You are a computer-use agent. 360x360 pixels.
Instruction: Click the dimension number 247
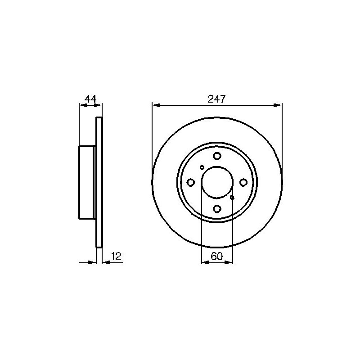(217, 99)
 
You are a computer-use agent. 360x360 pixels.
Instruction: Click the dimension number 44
(90, 99)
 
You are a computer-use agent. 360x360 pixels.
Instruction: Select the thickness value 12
(116, 256)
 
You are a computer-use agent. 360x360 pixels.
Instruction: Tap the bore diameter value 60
(217, 256)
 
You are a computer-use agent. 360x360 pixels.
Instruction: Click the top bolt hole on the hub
(217, 156)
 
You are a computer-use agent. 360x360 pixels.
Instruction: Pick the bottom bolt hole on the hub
(217, 209)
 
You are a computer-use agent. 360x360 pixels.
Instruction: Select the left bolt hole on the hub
(190, 183)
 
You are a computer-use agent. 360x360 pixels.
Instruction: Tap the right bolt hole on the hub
(243, 183)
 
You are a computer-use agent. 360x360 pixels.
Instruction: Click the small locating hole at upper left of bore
(202, 167)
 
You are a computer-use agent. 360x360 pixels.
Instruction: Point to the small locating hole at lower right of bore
(232, 198)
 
